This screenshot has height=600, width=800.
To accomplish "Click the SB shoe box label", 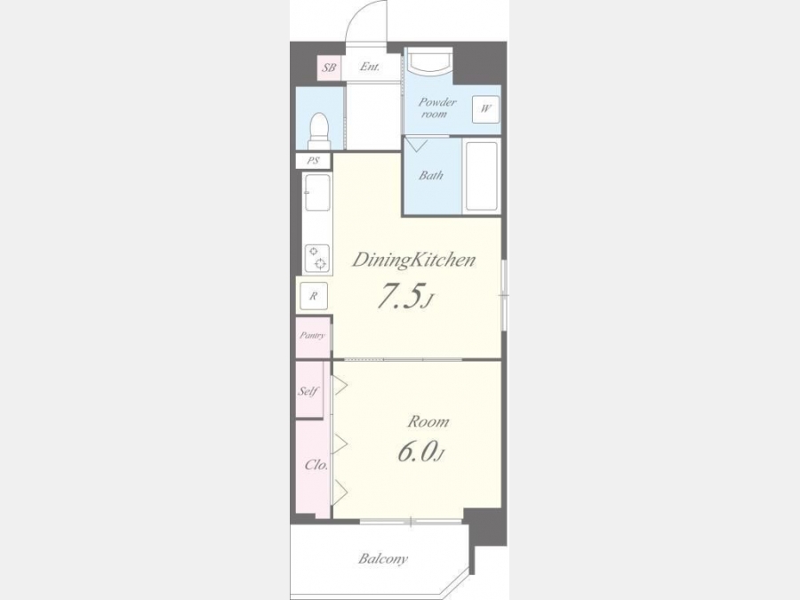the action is [329, 67].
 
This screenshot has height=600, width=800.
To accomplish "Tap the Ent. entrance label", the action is [370, 67].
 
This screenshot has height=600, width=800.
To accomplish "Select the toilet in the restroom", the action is [320, 131].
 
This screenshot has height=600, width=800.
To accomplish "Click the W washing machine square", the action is [485, 108].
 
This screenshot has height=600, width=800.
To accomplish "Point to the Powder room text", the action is [436, 108].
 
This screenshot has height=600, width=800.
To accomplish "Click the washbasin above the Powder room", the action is [428, 61].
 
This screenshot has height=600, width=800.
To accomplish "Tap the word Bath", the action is [431, 175].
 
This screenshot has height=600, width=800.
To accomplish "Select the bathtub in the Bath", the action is [481, 176].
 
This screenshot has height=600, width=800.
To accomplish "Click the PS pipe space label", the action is [313, 161].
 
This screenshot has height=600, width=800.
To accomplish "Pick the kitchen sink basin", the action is [317, 192].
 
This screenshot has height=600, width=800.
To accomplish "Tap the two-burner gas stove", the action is [316, 258].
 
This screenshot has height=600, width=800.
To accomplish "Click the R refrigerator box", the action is [313, 295].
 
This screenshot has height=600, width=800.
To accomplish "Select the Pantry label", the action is [312, 335].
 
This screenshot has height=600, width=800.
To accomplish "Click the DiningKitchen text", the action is [413, 260].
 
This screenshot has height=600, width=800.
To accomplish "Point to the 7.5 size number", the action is [401, 296].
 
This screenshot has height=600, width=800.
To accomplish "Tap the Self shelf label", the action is [308, 391].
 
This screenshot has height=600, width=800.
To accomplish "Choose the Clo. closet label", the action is [316, 465].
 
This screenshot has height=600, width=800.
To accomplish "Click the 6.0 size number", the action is [417, 452].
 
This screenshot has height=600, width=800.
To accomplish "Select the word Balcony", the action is [382, 559].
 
